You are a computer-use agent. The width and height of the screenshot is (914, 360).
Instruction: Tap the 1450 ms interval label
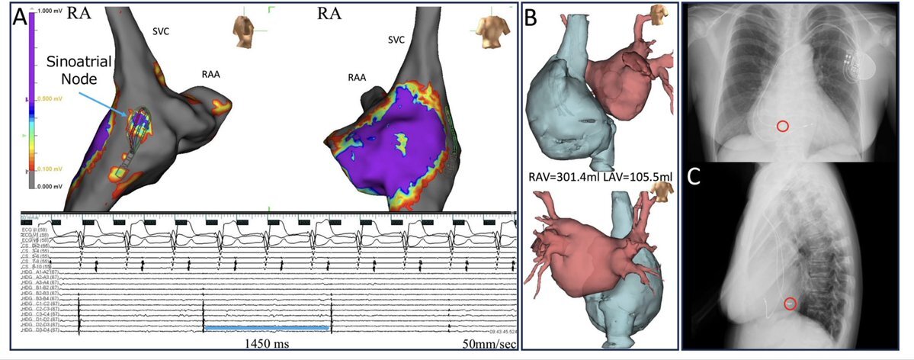point(266,344)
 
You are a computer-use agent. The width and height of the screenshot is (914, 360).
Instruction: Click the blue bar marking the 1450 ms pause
point(267,327)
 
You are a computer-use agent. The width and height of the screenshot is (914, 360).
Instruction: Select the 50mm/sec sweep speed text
point(489,345)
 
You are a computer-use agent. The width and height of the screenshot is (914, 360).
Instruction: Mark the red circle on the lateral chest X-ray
point(791,304)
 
